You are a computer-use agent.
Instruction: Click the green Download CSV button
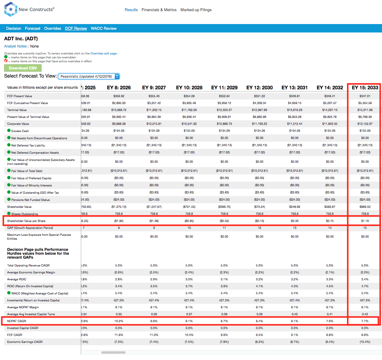[x=23, y=68]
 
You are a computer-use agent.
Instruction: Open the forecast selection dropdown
[x=89, y=76]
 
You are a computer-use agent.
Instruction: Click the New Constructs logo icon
[x=11, y=9]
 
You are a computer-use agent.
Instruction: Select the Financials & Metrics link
[x=159, y=10]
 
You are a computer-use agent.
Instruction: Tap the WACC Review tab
[x=103, y=29]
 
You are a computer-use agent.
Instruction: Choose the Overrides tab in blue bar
[x=53, y=29]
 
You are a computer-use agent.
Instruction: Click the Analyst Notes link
[x=15, y=46]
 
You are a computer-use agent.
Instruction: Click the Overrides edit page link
[x=103, y=54]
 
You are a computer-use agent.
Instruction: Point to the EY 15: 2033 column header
[x=365, y=88]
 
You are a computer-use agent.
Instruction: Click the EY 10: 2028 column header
[x=189, y=88]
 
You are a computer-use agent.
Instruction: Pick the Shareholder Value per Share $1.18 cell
[x=365, y=221]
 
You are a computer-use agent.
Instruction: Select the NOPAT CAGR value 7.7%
[x=365, y=321]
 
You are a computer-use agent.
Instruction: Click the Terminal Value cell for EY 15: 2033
[x=365, y=110]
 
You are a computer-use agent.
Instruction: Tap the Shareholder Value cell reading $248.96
[x=295, y=207]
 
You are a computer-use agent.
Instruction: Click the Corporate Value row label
[x=18, y=124]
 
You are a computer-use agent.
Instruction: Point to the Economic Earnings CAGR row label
[x=25, y=342]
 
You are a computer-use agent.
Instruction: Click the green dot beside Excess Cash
[x=9, y=131]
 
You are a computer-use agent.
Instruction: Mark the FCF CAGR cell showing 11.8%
[x=119, y=335]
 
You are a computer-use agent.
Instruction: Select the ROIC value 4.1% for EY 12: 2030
[x=259, y=286]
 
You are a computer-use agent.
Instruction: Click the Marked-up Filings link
[x=196, y=10]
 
